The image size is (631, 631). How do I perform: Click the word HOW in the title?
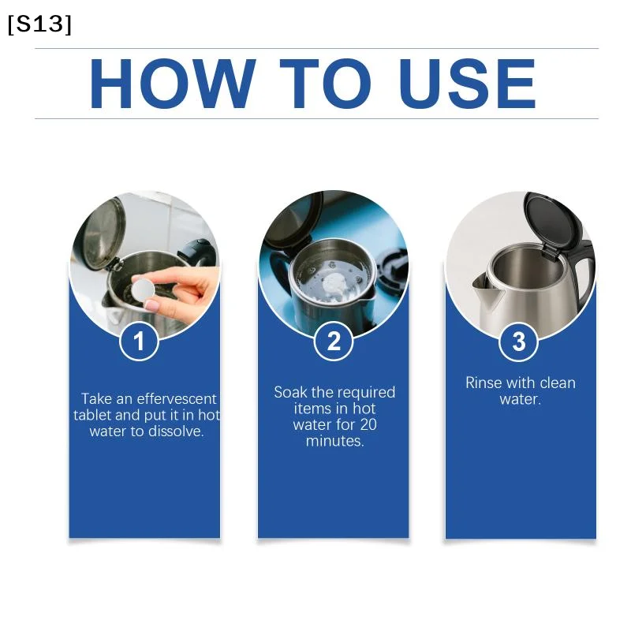[x=173, y=84]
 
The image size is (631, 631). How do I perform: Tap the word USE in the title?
[x=467, y=84]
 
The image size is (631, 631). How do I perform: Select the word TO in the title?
[x=325, y=84]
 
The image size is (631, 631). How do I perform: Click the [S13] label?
[x=39, y=24]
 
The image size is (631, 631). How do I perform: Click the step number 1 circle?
[x=139, y=342]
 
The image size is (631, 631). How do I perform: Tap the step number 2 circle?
[x=333, y=342]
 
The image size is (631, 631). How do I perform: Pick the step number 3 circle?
[x=519, y=342]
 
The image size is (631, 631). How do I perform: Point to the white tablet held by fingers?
[x=144, y=288]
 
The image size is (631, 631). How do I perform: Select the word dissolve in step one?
[x=176, y=431]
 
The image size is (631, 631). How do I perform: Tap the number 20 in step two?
[x=368, y=424]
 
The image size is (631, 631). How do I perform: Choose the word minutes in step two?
[x=334, y=441]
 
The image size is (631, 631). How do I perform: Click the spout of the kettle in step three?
[x=487, y=287]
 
